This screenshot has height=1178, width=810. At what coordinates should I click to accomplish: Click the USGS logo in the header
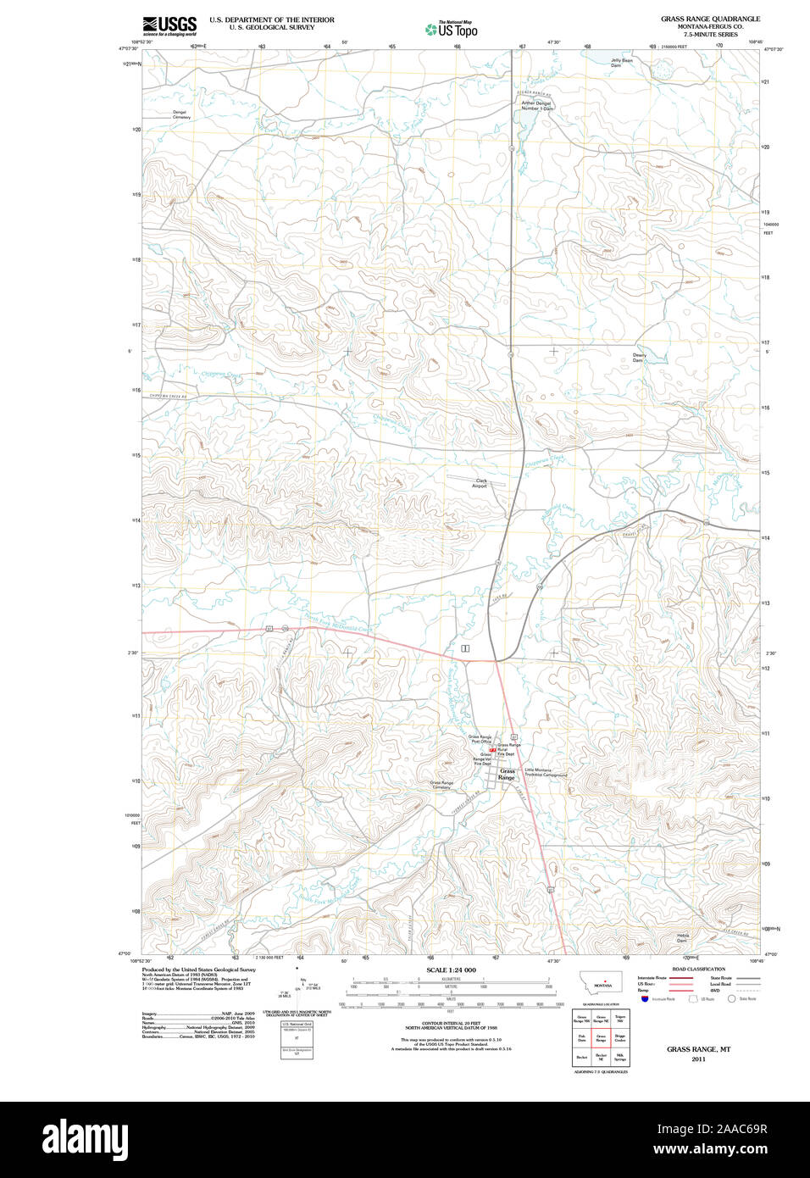pos(169,25)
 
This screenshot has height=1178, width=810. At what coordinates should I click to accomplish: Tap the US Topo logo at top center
pos(452,30)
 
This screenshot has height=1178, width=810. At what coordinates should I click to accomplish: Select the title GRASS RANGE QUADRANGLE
pos(710,19)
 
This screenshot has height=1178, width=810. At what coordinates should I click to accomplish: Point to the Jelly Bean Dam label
pos(621,63)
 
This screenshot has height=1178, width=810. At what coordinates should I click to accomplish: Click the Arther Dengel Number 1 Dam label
pos(536,106)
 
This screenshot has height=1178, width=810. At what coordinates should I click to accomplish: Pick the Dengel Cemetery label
pos(181,114)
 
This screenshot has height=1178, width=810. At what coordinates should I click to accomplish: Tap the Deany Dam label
pos(639,358)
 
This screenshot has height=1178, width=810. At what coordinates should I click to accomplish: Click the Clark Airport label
pos(480,483)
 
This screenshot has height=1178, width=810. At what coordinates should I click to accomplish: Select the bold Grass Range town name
pos(507,775)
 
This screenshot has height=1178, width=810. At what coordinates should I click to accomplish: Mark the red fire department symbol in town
pos(492,750)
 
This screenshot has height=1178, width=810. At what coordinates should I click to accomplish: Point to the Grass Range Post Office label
pos(480,739)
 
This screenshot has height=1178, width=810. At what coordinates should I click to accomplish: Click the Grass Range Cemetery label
pos(441,785)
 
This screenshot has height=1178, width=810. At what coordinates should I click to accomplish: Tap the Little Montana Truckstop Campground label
pos(546,772)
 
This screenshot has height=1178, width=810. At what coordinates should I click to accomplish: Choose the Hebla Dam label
pos(682,938)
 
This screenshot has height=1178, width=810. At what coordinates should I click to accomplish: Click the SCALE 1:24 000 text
pos(451,970)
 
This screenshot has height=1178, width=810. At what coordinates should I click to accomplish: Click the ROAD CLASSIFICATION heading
pos(698,969)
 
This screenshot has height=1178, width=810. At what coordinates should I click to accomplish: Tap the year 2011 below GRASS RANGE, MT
pos(698,1059)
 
